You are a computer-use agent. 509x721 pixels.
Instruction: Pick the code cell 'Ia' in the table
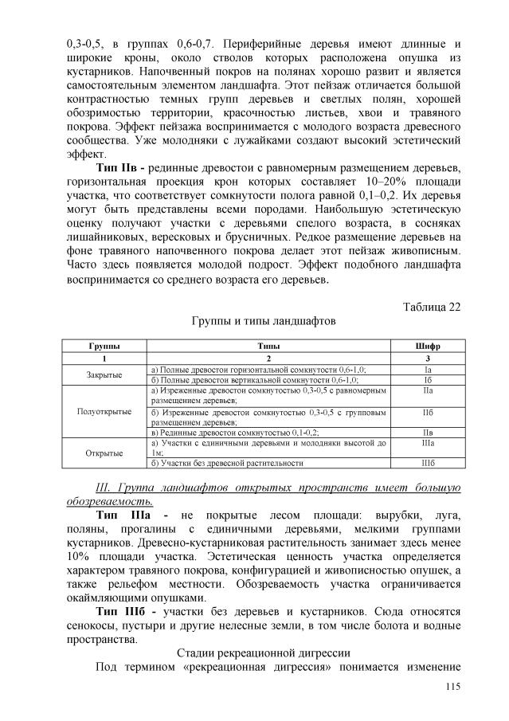coord(427,370)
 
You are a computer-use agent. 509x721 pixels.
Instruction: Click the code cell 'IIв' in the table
coord(427,432)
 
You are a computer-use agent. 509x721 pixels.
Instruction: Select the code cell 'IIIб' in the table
coord(427,462)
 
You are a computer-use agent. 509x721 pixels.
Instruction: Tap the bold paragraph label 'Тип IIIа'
coord(127,517)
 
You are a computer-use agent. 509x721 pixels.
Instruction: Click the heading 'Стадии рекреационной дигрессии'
coord(263,653)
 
